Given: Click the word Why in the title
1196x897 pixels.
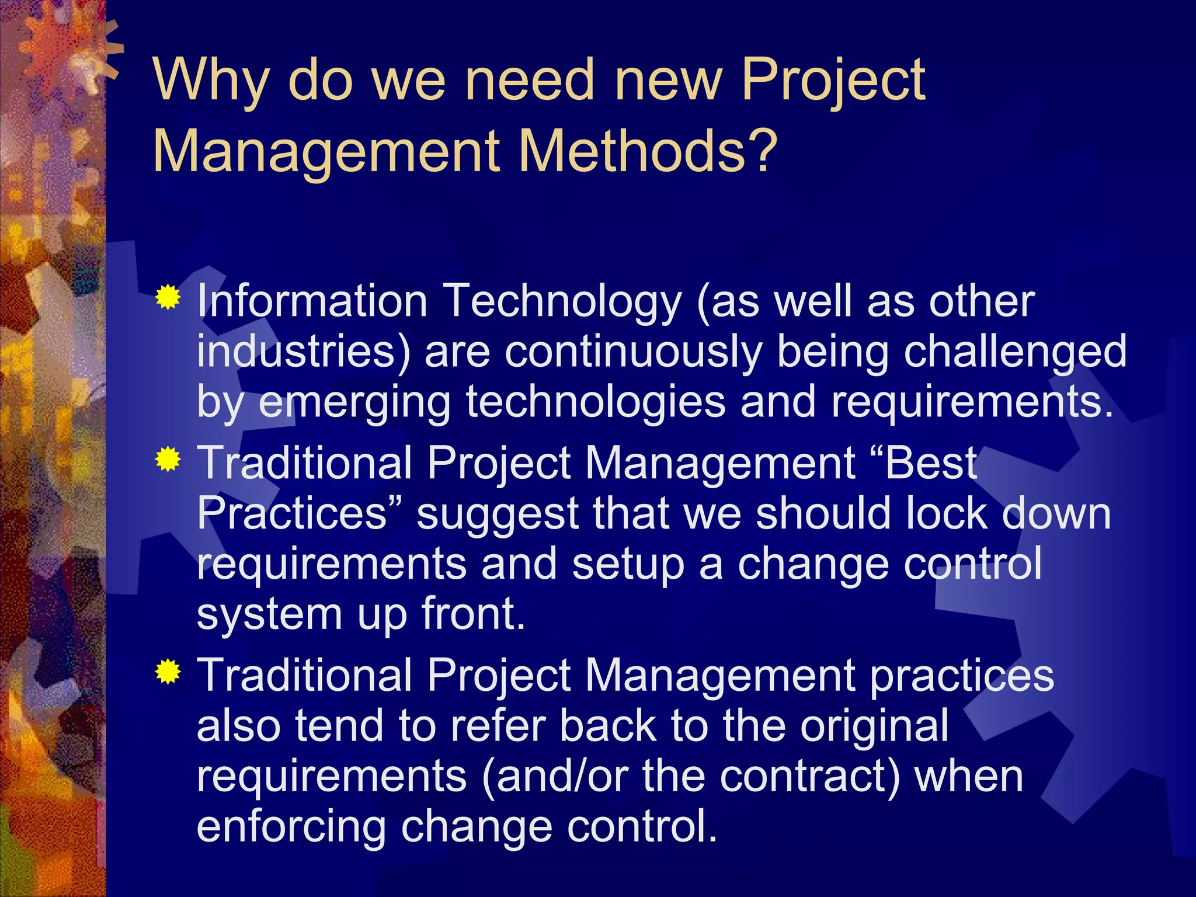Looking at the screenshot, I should pos(211,80).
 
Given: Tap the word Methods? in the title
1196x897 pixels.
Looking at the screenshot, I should pos(648,151).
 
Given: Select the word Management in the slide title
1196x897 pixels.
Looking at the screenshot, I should pos(326,151).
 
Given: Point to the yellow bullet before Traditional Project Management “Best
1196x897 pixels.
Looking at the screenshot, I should pos(168,460).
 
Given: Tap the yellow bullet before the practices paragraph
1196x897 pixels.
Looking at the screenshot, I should pos(168,672).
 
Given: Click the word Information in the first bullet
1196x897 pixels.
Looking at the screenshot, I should pos(312,301).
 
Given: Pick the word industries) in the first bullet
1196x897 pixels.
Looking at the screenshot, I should pos(304,352).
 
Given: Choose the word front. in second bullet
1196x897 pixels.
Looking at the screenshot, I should pos(473,614).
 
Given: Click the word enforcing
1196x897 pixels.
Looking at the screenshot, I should pos(291,828).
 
